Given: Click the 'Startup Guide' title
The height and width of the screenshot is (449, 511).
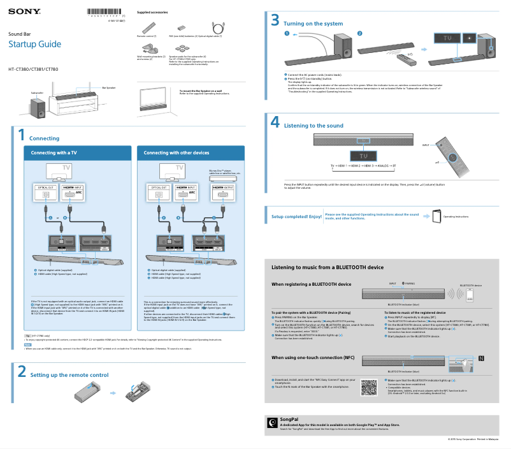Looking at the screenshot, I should click(34, 44).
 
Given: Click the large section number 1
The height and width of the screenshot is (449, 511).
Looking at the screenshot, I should click(20, 135).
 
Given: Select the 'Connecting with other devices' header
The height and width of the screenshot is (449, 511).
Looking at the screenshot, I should click(176, 153).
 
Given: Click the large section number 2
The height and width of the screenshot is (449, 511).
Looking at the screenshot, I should click(21, 371).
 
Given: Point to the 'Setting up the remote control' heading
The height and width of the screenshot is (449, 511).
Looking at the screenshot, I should click(69, 375).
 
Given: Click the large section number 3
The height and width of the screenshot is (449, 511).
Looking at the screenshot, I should click(275, 20).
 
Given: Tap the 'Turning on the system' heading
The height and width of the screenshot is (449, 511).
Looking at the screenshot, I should click(313, 24).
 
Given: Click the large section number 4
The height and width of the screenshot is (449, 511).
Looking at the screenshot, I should click(275, 122).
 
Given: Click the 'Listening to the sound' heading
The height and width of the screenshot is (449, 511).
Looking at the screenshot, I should click(313, 126).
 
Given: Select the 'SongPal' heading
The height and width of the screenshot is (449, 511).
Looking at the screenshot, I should click(289, 419).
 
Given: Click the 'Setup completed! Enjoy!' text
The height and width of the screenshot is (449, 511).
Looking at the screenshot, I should click(297, 217).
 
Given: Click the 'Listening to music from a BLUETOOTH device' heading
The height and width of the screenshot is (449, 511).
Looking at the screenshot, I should click(327, 267).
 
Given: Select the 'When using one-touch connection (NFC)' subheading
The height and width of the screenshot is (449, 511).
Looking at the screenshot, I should click(313, 358).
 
